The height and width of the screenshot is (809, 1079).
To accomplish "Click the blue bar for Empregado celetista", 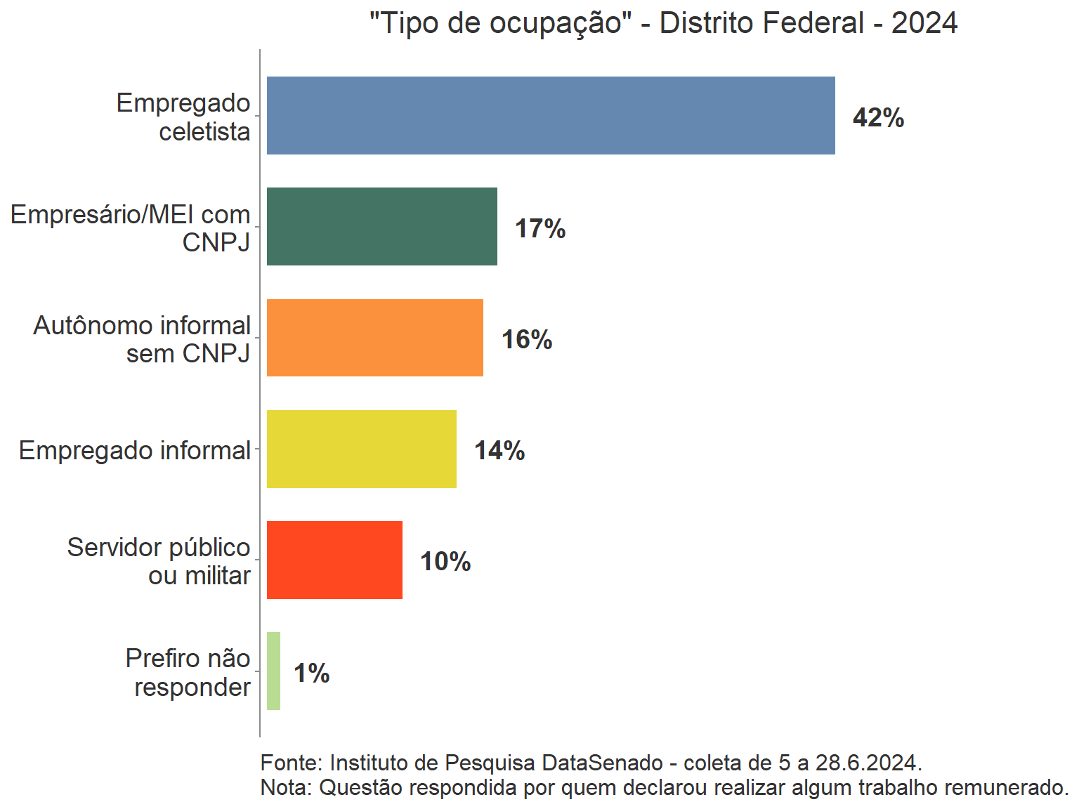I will coord(551,115).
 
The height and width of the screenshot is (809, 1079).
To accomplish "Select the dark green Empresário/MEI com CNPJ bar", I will coord(381,226).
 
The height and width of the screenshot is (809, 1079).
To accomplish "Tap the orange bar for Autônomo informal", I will coord(374,338).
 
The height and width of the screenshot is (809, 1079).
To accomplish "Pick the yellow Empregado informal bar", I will coord(361,449).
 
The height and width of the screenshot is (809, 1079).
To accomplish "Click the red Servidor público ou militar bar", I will coord(334,560).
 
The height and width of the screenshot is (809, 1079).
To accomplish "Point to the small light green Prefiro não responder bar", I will coord(273,671).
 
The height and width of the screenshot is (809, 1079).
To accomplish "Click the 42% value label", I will coord(878,117).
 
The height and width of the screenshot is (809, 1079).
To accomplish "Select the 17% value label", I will coord(540,228).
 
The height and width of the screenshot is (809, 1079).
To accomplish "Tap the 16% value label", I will coord(527,339).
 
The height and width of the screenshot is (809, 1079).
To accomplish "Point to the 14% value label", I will coord(499,450).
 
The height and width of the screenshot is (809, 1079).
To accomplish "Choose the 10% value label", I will coord(445,561).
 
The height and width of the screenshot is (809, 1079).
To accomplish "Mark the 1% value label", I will coord(311,673).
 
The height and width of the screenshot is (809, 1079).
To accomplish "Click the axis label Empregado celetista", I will coord(184,117).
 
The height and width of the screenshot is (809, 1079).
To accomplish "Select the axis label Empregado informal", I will coord(135,450).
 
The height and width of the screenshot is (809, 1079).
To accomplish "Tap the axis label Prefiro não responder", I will coord(188,672).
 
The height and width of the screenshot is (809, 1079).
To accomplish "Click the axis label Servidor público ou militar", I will coord(159,561).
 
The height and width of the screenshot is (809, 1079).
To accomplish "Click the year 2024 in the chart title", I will coord(924,23).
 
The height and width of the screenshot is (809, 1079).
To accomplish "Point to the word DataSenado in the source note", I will coord(603,763).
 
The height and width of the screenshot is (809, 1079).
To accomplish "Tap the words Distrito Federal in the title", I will coord(761,23).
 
